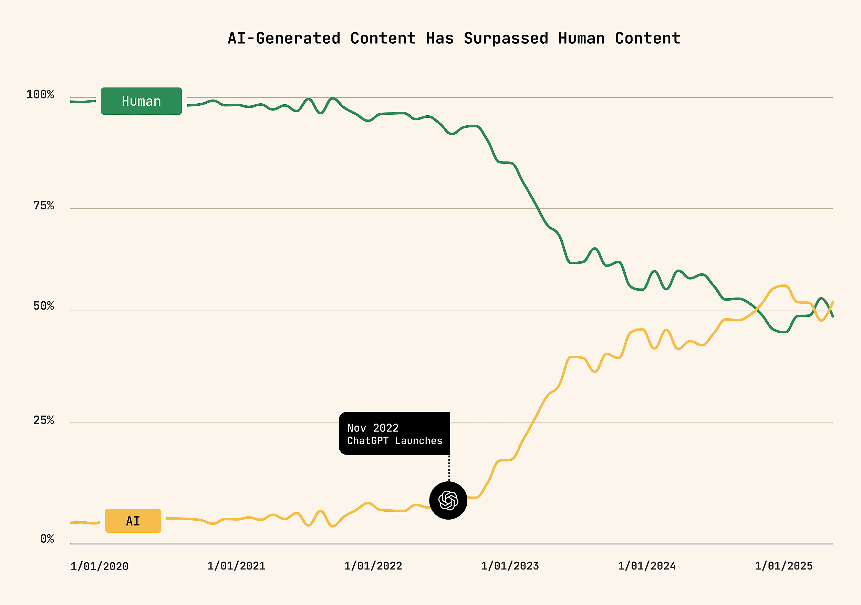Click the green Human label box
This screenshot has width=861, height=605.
(141, 101)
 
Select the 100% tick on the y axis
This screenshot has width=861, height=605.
(40, 94)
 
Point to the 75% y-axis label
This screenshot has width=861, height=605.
(43, 206)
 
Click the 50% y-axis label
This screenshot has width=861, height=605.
(43, 306)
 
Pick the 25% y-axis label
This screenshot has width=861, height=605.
(43, 420)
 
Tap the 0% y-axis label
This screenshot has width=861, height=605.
(47, 539)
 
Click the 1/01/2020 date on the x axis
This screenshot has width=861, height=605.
(100, 566)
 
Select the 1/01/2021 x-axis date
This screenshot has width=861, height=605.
(236, 566)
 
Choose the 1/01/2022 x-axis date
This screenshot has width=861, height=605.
(373, 566)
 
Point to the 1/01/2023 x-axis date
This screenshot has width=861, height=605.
(510, 566)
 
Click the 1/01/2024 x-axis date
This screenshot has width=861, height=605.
(647, 566)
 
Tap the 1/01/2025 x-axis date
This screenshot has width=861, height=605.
(784, 566)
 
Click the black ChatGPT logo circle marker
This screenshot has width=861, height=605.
(448, 500)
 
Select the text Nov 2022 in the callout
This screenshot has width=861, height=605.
(373, 428)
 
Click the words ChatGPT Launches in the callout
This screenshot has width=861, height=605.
(394, 441)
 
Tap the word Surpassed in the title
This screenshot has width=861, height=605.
(506, 38)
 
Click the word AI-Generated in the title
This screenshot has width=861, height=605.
(284, 38)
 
